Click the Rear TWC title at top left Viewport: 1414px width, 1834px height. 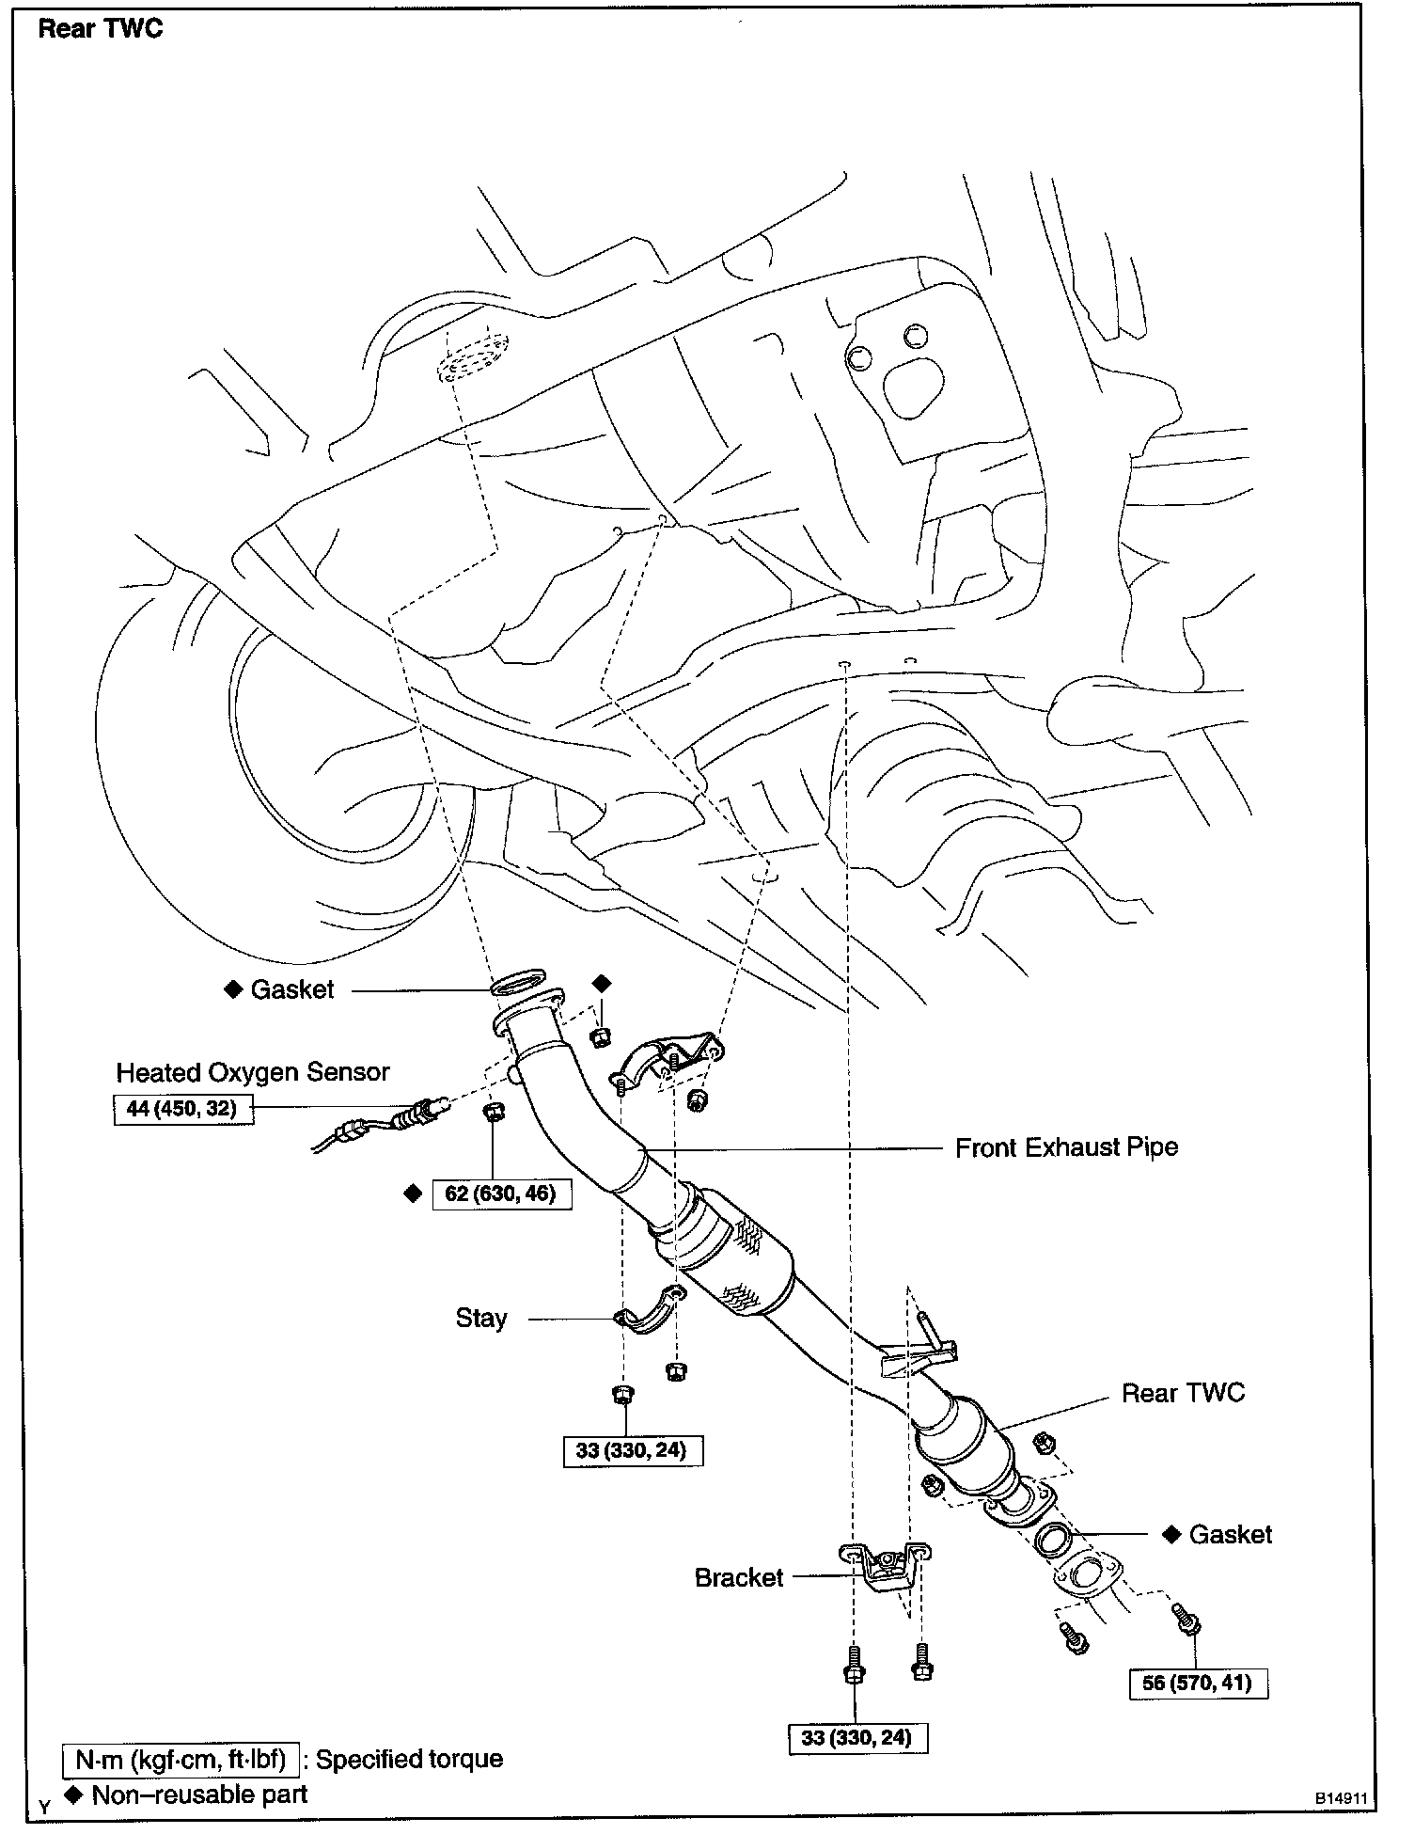[x=100, y=29]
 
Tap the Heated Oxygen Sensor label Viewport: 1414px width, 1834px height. [x=252, y=1072]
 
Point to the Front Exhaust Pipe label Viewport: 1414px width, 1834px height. [x=1066, y=1147]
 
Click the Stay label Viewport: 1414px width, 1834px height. [x=481, y=1318]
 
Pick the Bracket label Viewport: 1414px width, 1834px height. [x=738, y=1577]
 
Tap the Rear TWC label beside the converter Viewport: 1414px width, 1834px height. [x=1183, y=1393]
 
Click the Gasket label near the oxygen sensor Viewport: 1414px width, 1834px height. [x=291, y=989]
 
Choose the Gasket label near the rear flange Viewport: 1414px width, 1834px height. [x=1230, y=1534]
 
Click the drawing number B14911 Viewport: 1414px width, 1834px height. [x=1340, y=1797]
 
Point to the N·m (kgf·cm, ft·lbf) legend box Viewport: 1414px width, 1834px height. [x=181, y=1759]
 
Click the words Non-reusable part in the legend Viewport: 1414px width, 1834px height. [x=199, y=1794]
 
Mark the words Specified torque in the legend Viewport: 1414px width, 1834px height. [x=409, y=1759]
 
